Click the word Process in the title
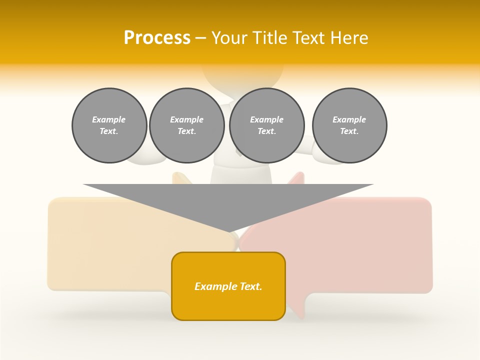(157, 38)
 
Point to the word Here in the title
(349, 38)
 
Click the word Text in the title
(309, 38)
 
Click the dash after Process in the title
(200, 38)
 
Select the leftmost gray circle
(109, 125)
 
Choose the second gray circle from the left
(187, 125)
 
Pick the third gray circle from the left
(267, 125)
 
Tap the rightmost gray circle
(349, 125)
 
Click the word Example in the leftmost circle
(109, 119)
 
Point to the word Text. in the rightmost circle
(349, 131)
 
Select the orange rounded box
(228, 305)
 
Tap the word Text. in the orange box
(250, 286)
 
